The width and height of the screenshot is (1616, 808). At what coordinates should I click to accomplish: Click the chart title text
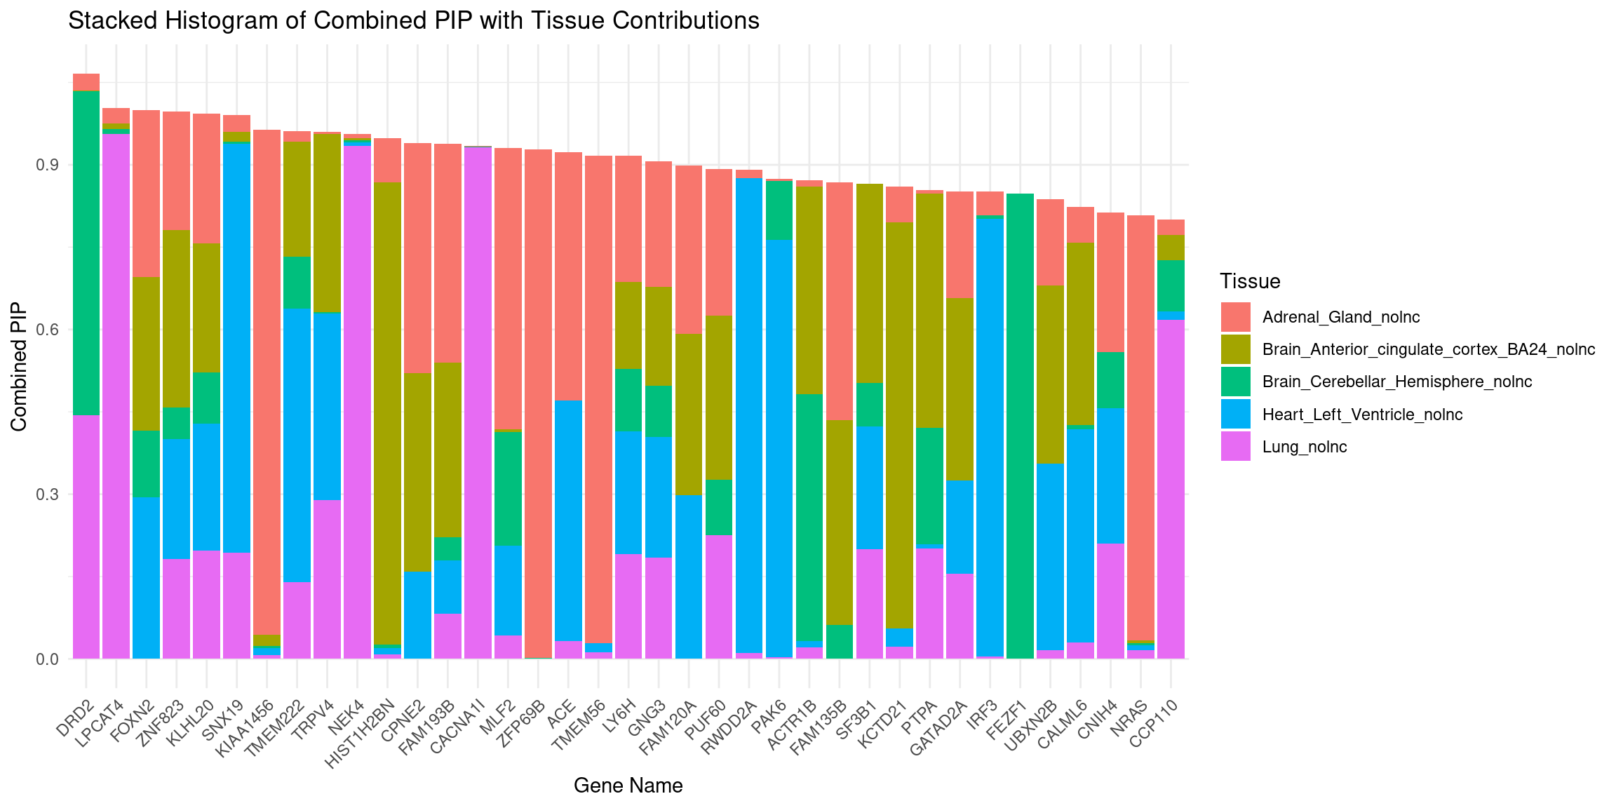(413, 21)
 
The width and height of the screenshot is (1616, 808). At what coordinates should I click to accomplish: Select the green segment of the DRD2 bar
(86, 252)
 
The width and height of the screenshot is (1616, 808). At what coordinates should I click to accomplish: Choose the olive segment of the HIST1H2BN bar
(388, 414)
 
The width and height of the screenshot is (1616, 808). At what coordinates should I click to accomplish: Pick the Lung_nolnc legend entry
(1305, 447)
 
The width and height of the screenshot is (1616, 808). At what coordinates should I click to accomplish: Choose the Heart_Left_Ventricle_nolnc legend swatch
(1235, 414)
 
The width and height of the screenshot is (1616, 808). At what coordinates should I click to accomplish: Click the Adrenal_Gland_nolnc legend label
(1341, 317)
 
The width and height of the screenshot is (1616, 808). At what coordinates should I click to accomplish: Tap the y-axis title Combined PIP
(19, 367)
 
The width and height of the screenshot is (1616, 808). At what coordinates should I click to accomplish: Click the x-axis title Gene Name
(628, 786)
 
